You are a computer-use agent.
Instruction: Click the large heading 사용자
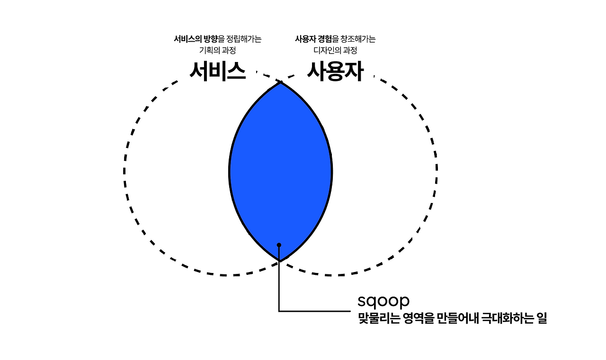coord(335,72)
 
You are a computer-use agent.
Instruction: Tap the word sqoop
coord(383,301)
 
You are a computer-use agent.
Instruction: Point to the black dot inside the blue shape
coord(279,245)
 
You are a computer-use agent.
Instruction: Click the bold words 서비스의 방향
coord(196,39)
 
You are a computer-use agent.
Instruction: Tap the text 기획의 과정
coord(218,50)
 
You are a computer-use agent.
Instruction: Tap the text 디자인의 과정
coord(335,50)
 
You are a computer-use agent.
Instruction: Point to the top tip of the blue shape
coord(281,82)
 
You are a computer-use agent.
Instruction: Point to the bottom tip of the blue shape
coord(280,261)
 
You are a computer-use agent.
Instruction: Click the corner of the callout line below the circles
coord(279,311)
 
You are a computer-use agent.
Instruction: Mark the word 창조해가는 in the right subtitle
coord(356,39)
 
